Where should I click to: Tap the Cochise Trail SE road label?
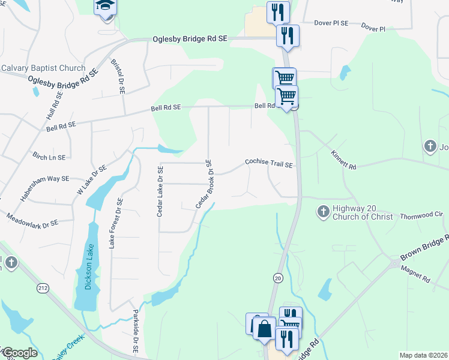[269, 163]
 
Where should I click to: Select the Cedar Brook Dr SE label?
[203, 184]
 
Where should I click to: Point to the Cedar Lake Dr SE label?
[160, 191]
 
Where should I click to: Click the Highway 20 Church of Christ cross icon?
[323, 211]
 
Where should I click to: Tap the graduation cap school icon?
[104, 7]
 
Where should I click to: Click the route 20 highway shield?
[277, 278]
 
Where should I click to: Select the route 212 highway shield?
[41, 289]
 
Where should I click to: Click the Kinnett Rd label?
[343, 160]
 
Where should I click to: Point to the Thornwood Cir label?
[421, 215]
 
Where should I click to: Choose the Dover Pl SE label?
[331, 23]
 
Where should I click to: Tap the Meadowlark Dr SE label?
[32, 219]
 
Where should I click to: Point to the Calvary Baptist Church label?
[43, 68]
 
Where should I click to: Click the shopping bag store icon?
[264, 328]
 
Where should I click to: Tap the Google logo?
[19, 353]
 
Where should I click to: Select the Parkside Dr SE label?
[135, 331]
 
